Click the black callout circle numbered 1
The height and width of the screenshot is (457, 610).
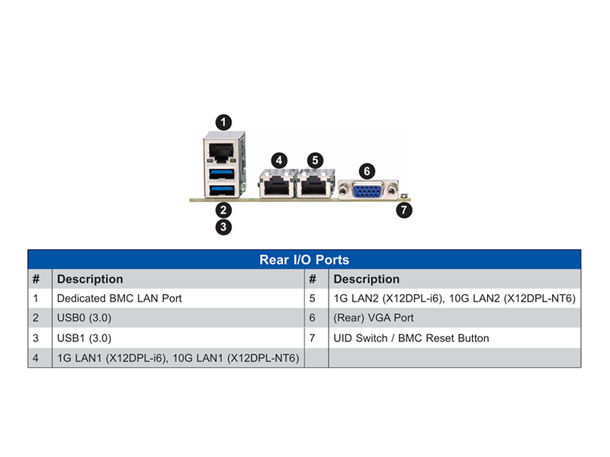click(223, 123)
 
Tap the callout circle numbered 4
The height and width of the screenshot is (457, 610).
click(279, 160)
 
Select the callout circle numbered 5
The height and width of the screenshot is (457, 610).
click(315, 160)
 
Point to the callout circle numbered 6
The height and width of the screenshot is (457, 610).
click(367, 171)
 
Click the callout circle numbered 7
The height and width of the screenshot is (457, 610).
click(404, 210)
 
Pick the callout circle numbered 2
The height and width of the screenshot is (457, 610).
click(223, 210)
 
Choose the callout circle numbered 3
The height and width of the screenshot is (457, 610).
click(223, 227)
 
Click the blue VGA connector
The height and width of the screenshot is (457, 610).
click(368, 191)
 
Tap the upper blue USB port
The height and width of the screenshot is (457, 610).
click(222, 174)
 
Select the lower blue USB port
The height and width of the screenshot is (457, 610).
click(222, 190)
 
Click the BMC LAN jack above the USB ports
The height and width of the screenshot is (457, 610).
click(221, 152)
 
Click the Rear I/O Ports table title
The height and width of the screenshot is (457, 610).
click(304, 260)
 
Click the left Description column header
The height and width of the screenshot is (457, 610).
click(90, 279)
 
